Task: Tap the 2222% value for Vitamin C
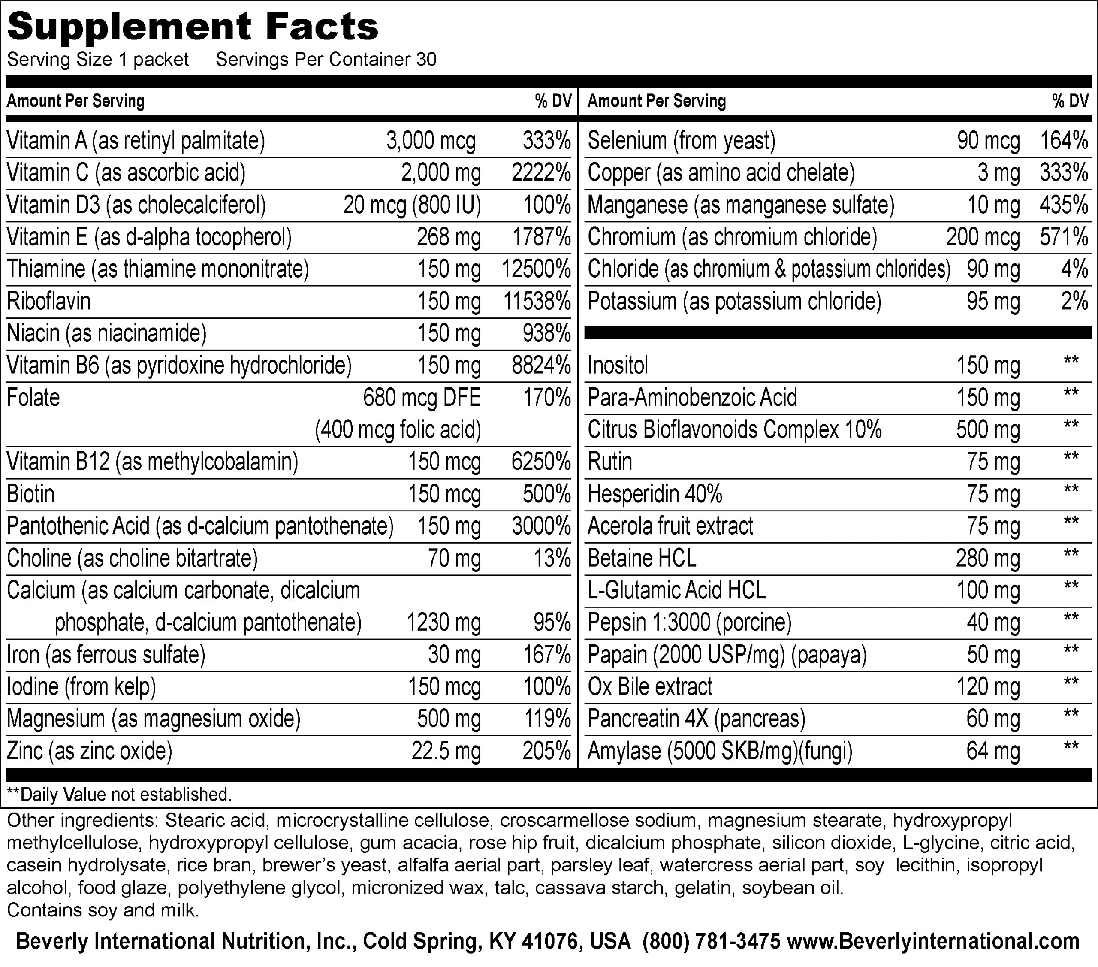(540, 173)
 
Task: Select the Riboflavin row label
(48, 301)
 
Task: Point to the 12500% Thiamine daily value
(536, 269)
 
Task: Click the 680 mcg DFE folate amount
(422, 398)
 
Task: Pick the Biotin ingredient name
(30, 494)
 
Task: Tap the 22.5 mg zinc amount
(446, 751)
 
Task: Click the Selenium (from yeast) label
(681, 141)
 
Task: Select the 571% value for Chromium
(1064, 237)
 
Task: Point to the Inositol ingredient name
(618, 366)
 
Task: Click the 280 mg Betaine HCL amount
(987, 559)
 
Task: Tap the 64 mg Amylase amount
(993, 751)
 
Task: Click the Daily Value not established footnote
(119, 795)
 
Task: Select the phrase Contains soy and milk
(103, 910)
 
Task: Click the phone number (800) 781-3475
(711, 941)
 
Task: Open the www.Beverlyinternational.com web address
(933, 941)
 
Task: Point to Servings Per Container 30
(326, 60)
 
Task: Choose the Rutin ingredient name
(610, 462)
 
